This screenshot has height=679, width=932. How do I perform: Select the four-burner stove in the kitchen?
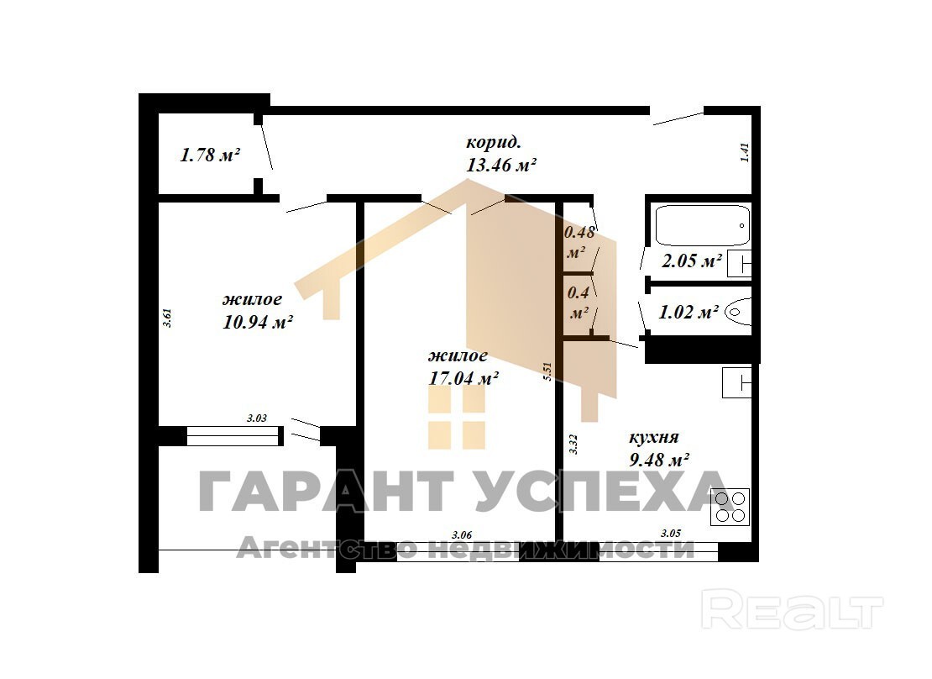[x=730, y=507]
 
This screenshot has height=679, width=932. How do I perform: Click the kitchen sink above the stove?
[x=737, y=382]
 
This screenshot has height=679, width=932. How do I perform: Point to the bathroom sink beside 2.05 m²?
[x=739, y=262]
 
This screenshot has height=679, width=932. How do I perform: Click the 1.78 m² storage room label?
[x=210, y=155]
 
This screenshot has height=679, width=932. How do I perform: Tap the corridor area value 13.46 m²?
[x=501, y=165]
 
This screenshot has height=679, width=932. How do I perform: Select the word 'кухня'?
[x=654, y=437]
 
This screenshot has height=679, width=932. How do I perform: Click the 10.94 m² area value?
[x=258, y=322]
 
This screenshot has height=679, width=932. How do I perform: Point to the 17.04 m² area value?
[x=463, y=378]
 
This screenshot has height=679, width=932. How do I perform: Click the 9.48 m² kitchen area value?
[x=658, y=460]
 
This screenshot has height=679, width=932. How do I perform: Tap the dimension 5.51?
[x=547, y=371]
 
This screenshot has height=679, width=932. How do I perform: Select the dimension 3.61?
[x=168, y=317]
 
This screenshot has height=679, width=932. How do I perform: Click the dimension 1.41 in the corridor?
[x=745, y=152]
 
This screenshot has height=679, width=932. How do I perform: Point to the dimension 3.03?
[x=257, y=418]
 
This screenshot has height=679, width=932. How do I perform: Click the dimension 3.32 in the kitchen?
[x=573, y=445]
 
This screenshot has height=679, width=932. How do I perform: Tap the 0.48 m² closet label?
[x=579, y=242]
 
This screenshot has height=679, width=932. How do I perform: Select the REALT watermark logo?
[x=792, y=608]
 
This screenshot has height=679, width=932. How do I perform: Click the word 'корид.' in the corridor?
[x=494, y=143]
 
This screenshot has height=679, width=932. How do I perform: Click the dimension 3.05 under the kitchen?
[x=671, y=534]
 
